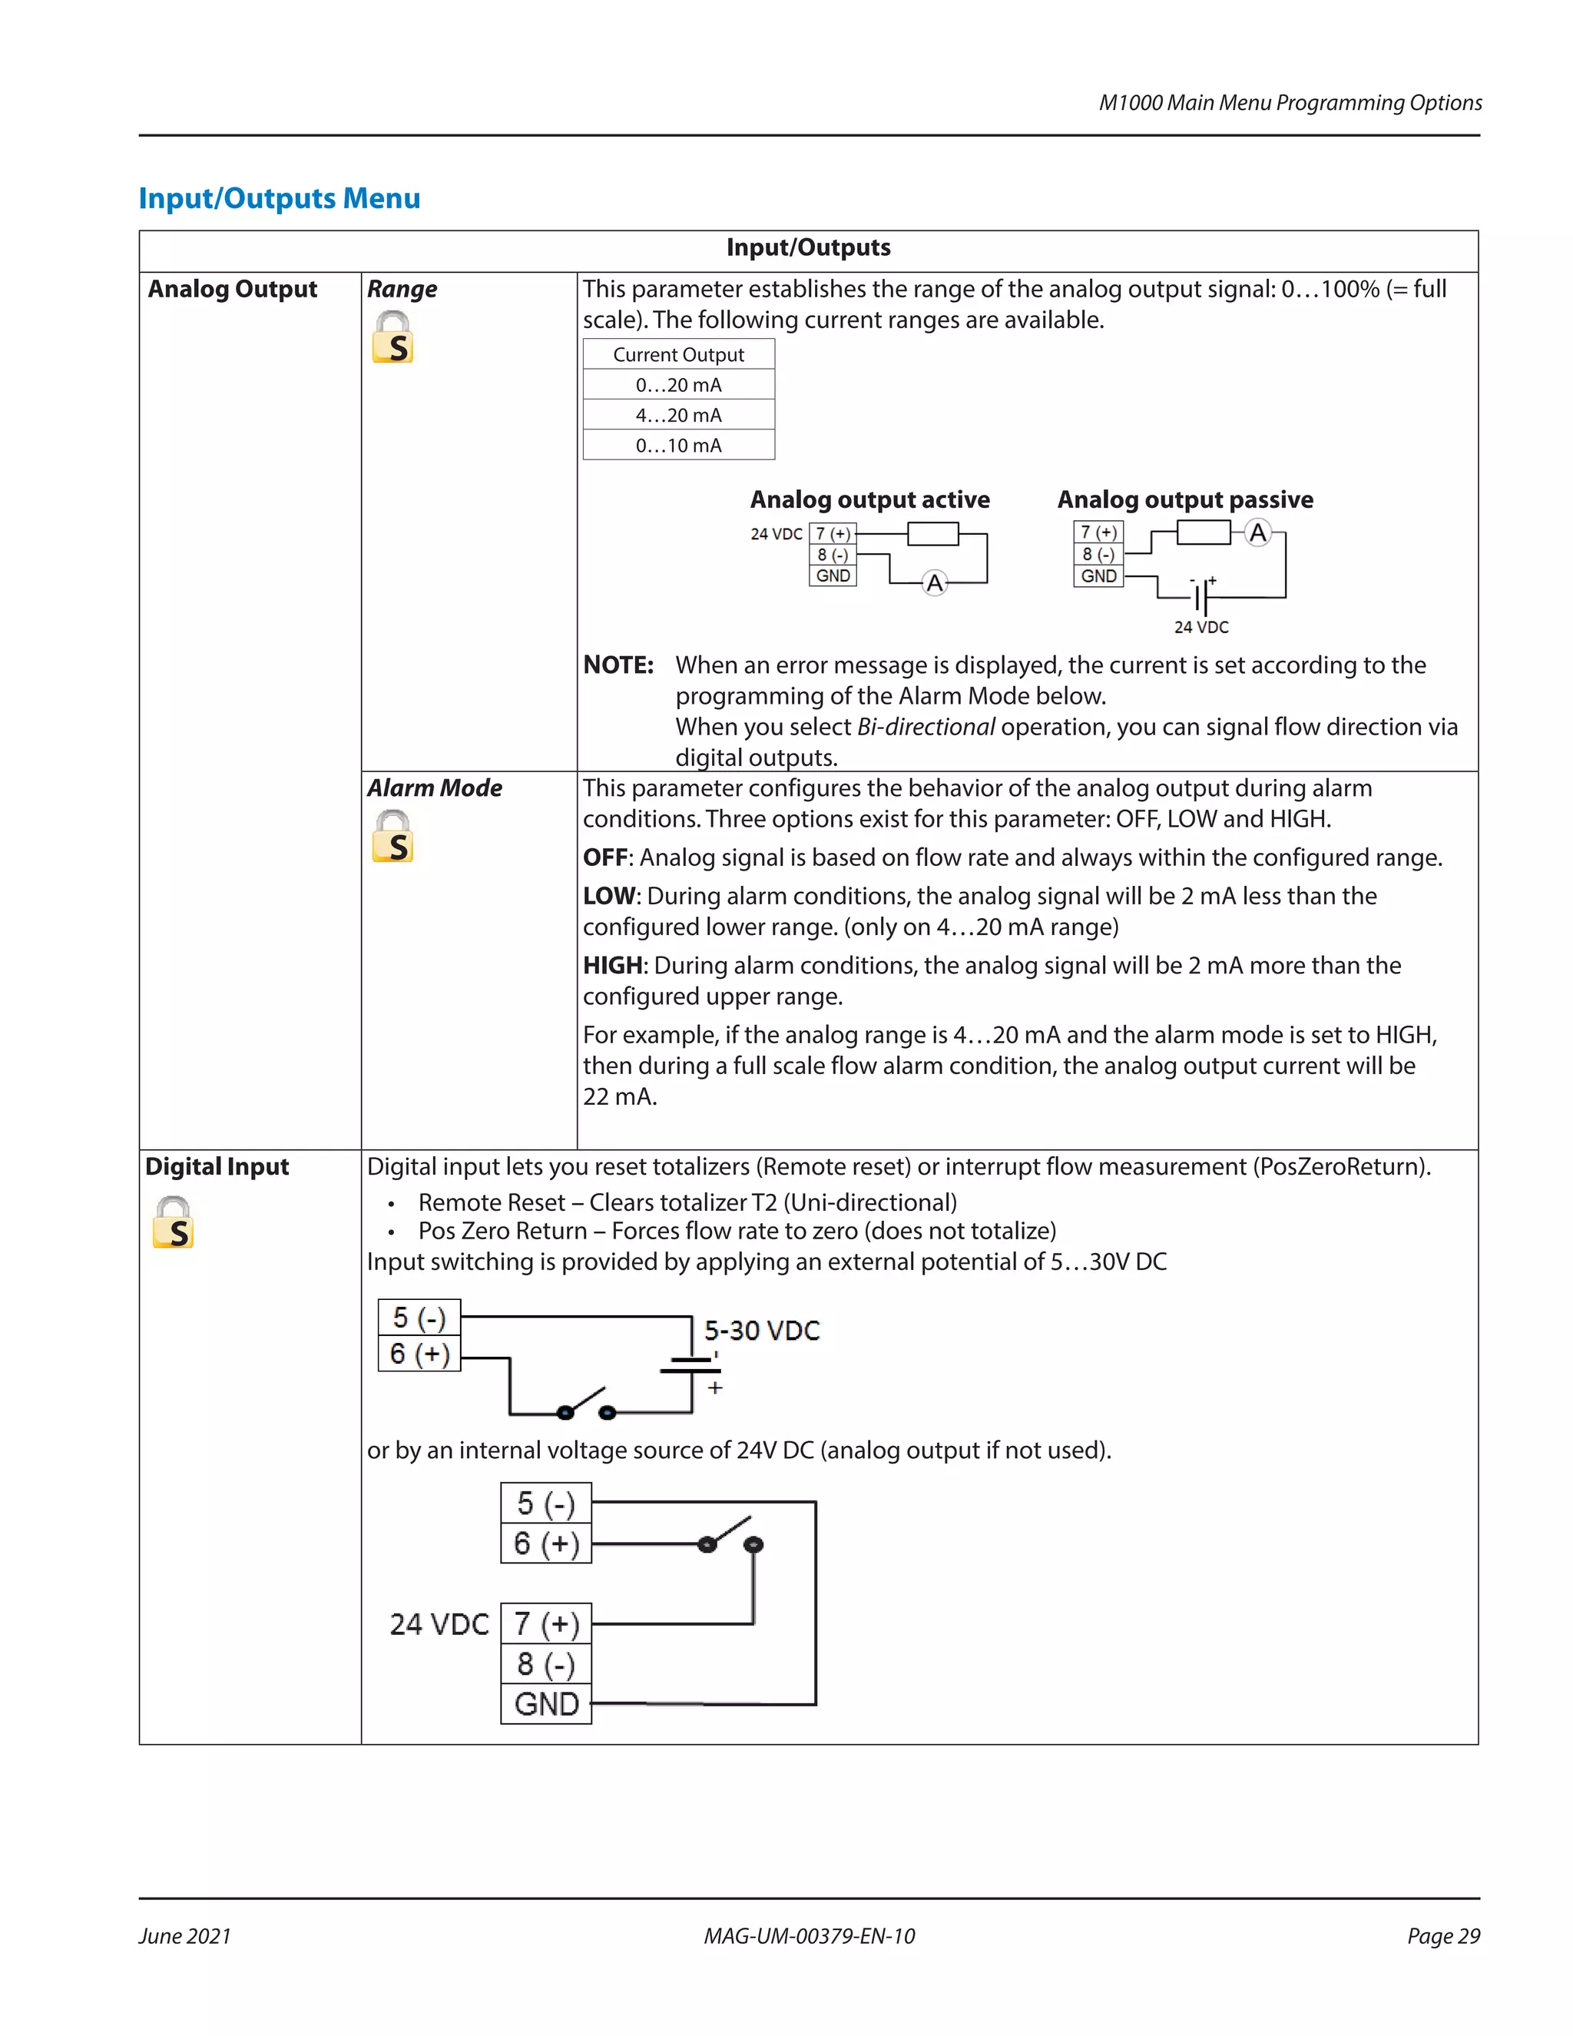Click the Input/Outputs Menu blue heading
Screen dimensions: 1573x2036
280,198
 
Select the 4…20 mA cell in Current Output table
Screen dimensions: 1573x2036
678,415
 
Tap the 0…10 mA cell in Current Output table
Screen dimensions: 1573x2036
678,446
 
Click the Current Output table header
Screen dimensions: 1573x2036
678,354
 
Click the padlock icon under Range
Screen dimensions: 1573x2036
392,337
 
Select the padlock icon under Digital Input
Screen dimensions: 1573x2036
174,1222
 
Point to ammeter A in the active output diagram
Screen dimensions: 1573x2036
935,584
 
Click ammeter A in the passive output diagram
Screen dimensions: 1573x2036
1258,532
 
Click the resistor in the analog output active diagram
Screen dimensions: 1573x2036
932,533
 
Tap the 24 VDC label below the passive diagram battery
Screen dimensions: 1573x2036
1201,628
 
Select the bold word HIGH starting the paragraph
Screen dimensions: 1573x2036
613,966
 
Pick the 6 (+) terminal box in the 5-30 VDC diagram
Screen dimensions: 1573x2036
419,1354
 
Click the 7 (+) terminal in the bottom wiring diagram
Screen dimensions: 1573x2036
546,1624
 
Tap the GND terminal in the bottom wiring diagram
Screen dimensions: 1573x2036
546,1704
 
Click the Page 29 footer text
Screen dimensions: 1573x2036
1442,1936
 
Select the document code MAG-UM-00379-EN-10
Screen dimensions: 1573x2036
809,1936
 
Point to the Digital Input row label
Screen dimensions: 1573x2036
217,1167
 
